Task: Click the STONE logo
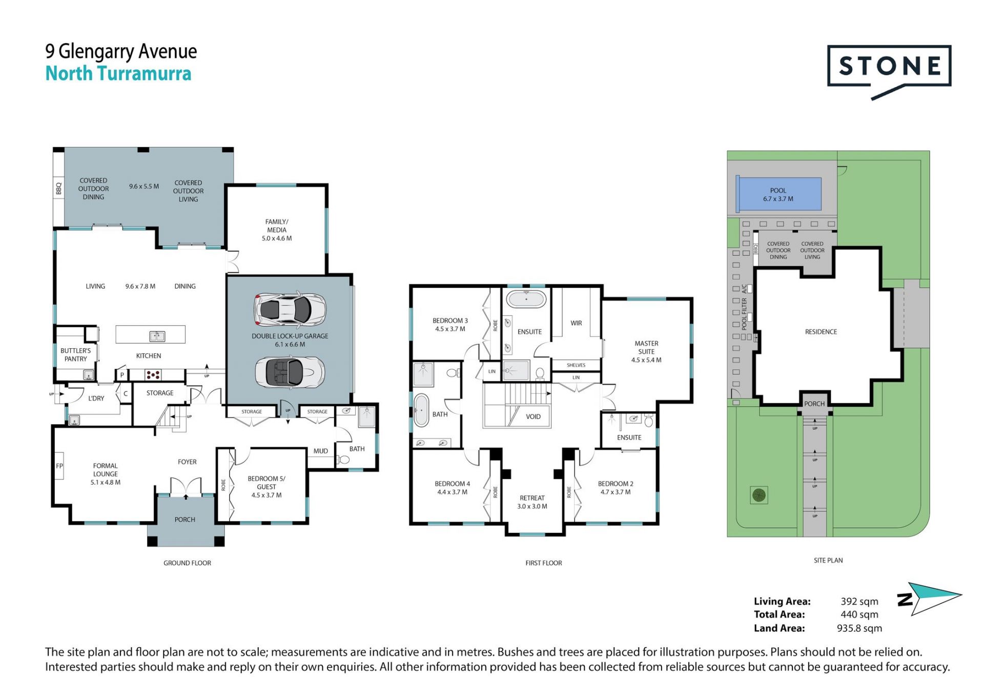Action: coord(889,72)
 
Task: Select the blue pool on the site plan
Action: coord(778,194)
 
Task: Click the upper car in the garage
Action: coord(290,309)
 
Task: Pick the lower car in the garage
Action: coord(290,372)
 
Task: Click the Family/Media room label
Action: coord(277,230)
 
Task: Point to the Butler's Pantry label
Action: coord(75,354)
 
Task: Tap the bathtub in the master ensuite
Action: coord(526,299)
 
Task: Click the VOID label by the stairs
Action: coord(533,416)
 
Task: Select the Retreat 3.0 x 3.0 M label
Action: coord(532,502)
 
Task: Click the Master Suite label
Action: coord(646,351)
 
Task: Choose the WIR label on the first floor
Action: coord(576,323)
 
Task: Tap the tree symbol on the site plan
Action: coord(759,495)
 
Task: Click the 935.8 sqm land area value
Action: coord(859,628)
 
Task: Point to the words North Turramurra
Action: coord(118,73)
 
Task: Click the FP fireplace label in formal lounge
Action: coord(59,466)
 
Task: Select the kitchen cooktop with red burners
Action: coord(153,375)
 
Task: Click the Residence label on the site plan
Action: coord(821,332)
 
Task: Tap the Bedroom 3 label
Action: coord(450,325)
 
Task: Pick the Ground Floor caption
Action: coord(187,563)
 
